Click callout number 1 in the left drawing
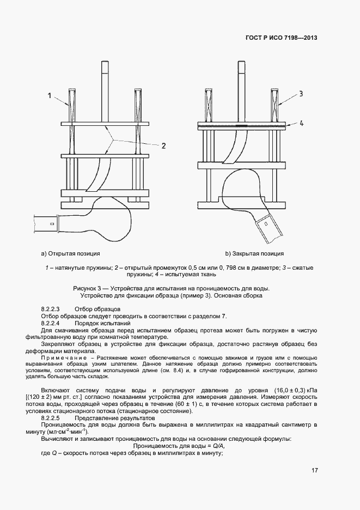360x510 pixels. (x=50, y=96)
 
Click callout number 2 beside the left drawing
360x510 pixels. (x=163, y=145)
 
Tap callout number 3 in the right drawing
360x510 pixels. (x=300, y=94)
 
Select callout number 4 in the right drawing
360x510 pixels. (x=301, y=123)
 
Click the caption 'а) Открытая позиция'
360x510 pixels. (x=71, y=253)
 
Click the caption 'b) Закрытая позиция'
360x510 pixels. (x=255, y=253)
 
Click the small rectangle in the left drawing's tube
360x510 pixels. (x=52, y=223)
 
